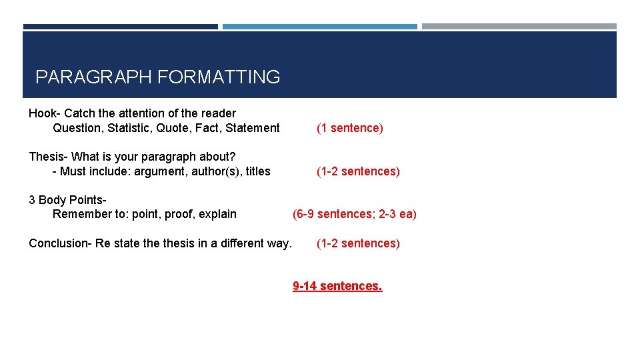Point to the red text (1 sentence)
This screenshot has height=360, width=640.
[x=350, y=128]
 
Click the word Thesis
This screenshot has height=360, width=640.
[x=45, y=157]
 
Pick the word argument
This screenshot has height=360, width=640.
[x=158, y=171]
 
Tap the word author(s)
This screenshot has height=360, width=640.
[x=213, y=171]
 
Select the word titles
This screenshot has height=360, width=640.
[x=257, y=171]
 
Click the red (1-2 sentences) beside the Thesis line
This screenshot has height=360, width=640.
[x=358, y=171]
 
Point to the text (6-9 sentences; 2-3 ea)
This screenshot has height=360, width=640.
[x=355, y=214]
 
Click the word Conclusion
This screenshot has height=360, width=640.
[x=59, y=243]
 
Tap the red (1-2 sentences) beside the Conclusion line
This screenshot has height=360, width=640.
[x=358, y=243]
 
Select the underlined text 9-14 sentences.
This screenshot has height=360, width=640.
[x=337, y=286]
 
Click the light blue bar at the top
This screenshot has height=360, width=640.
[x=320, y=27]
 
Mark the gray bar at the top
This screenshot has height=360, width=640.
[x=519, y=27]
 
